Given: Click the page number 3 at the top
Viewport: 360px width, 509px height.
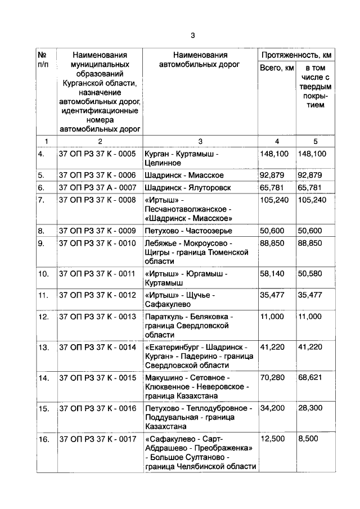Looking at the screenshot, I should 192,35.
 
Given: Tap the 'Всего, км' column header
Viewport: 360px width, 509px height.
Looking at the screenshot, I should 276,68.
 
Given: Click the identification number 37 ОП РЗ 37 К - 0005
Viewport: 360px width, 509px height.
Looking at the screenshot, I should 97,154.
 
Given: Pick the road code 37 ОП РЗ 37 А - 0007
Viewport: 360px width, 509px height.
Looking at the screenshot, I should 97,187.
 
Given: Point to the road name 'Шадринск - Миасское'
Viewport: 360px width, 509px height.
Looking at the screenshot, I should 184,175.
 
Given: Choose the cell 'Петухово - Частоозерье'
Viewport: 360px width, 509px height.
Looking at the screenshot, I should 188,231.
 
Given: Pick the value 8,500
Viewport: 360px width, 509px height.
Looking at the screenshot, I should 309,438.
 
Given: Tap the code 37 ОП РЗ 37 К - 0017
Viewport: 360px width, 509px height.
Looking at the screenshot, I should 97,438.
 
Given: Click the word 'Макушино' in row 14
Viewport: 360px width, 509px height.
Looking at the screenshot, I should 164,377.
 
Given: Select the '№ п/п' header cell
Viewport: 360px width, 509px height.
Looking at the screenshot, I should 43,60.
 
